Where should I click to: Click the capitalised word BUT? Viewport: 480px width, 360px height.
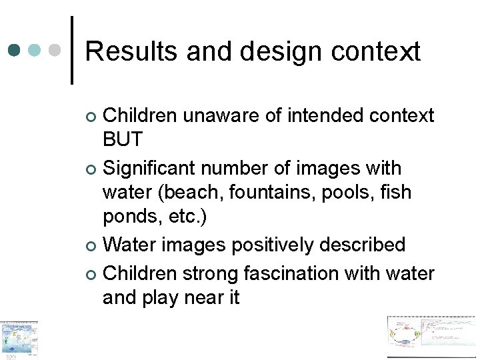(123, 139)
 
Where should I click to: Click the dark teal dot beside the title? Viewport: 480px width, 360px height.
(15, 50)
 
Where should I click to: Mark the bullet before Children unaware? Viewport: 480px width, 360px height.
(92, 117)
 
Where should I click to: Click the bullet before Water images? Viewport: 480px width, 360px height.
(92, 247)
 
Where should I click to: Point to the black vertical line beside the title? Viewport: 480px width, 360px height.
(72, 50)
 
